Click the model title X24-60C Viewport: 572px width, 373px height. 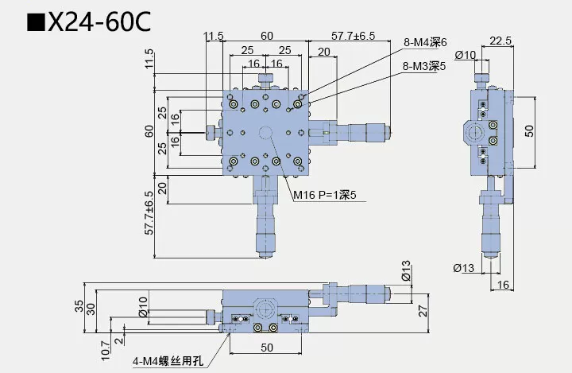coord(100,23)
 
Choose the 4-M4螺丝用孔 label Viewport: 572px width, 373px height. coord(168,361)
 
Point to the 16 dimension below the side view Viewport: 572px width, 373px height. coord(504,284)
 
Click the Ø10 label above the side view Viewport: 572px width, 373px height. coord(465,54)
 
